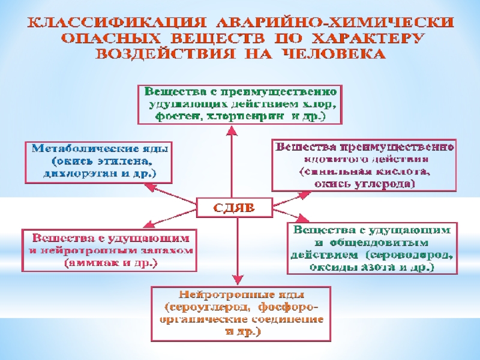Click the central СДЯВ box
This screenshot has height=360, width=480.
pyautogui.click(x=235, y=208)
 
